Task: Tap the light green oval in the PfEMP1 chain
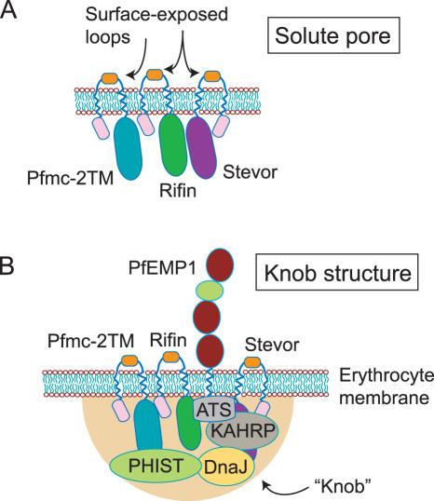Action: click(x=210, y=290)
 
